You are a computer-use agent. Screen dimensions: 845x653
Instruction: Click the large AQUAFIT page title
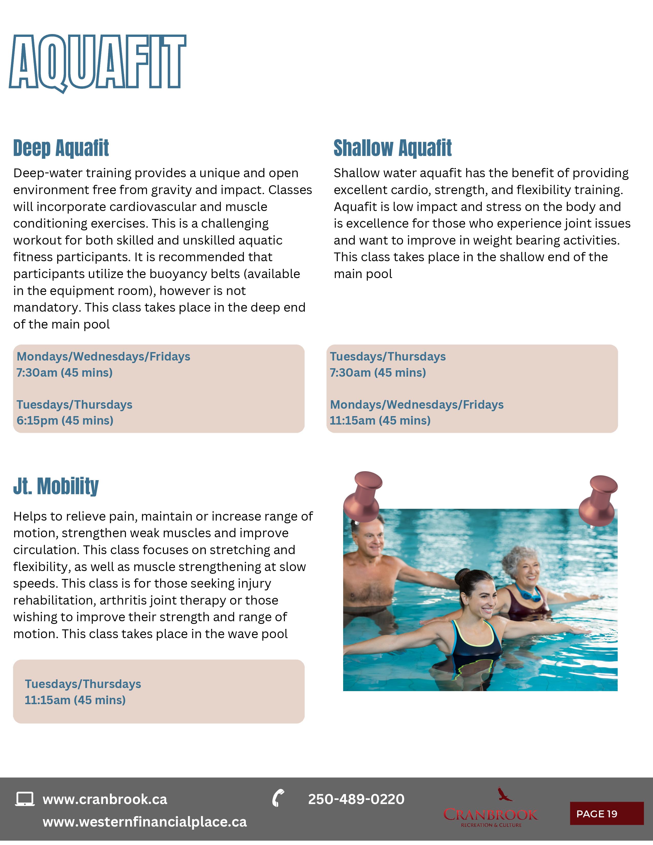tap(98, 62)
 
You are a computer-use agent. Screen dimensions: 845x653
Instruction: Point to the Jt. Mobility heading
tap(56, 486)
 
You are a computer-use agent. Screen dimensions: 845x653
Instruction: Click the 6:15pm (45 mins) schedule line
tap(65, 420)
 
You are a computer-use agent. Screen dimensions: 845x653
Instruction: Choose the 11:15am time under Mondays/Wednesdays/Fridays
tap(380, 420)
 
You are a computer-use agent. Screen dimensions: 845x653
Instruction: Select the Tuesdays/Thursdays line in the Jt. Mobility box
tap(83, 684)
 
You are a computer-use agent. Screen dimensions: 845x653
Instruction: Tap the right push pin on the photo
tap(599, 499)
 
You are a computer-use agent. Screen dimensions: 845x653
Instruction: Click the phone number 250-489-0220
tap(356, 799)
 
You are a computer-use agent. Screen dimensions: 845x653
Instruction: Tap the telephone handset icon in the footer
tap(278, 798)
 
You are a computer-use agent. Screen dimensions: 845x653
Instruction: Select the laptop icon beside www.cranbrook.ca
tap(25, 799)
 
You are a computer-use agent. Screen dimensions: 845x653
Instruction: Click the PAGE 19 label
tap(596, 814)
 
